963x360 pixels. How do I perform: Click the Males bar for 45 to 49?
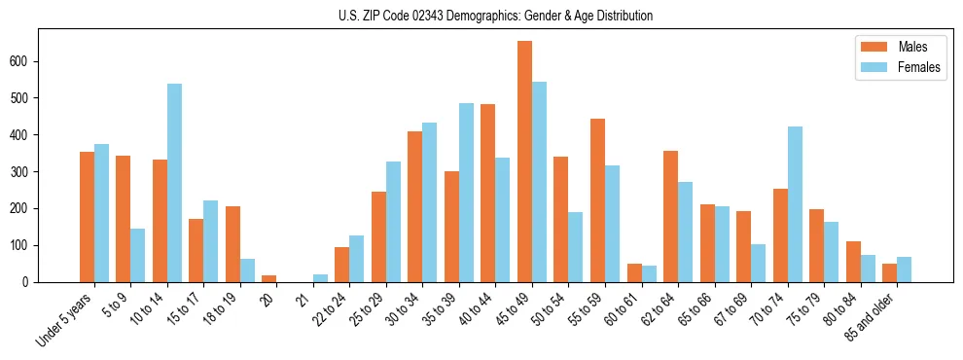click(524, 162)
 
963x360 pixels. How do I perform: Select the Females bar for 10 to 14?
click(174, 183)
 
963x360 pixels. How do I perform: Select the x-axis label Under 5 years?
click(64, 318)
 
